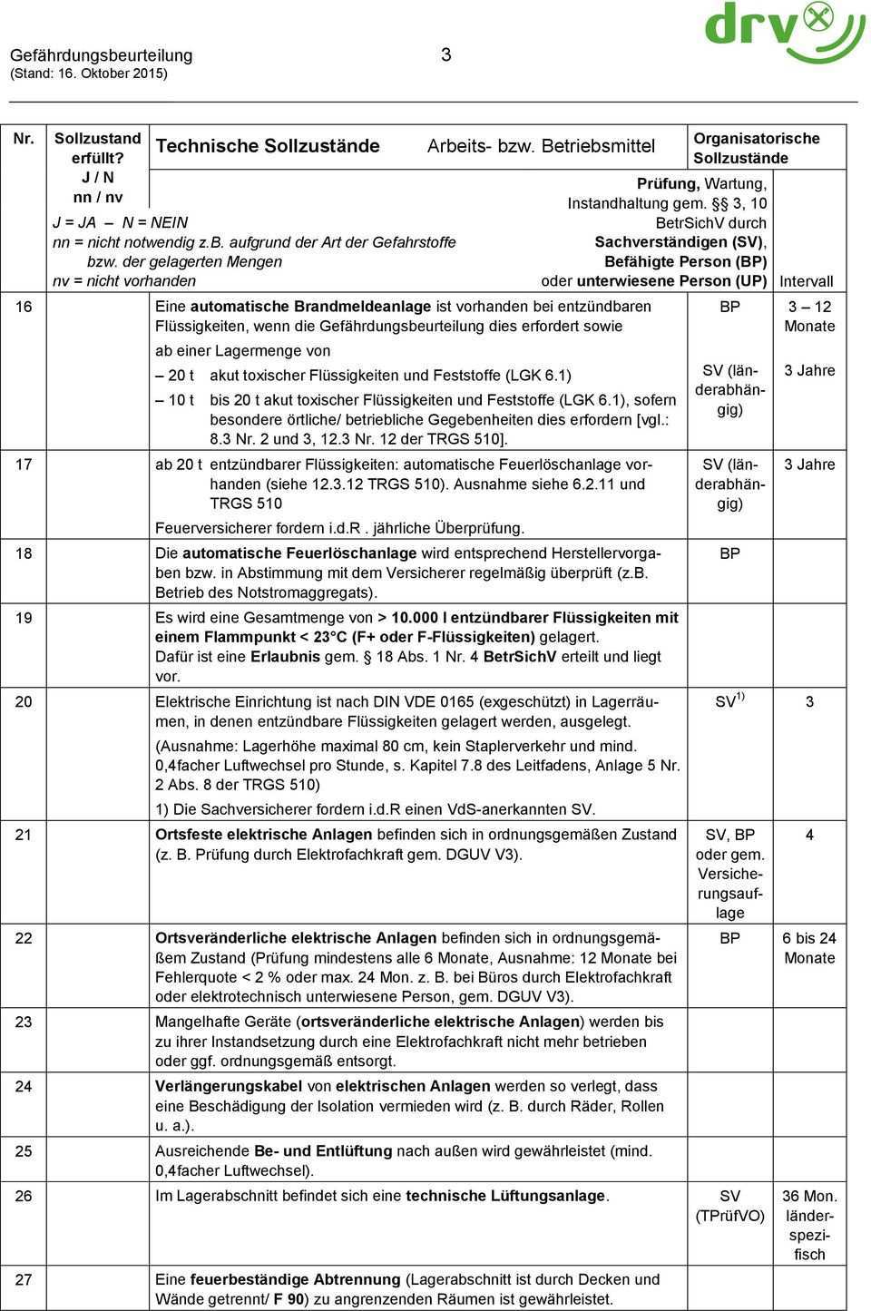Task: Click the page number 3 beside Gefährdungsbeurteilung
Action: (x=445, y=55)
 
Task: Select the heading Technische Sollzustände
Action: (x=268, y=146)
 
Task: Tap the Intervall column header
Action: (x=807, y=282)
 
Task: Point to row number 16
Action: (x=25, y=307)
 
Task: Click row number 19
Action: (x=25, y=618)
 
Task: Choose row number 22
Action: (x=25, y=938)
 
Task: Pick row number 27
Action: (x=25, y=1279)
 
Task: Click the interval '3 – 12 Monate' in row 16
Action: (x=809, y=317)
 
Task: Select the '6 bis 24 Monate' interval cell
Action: (x=809, y=948)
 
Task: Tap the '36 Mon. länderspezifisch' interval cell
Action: (x=809, y=1225)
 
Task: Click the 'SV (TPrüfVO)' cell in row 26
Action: (x=729, y=1206)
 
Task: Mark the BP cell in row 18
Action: (x=729, y=553)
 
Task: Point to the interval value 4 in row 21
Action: (x=810, y=835)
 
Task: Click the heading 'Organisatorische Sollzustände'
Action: (x=756, y=148)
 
